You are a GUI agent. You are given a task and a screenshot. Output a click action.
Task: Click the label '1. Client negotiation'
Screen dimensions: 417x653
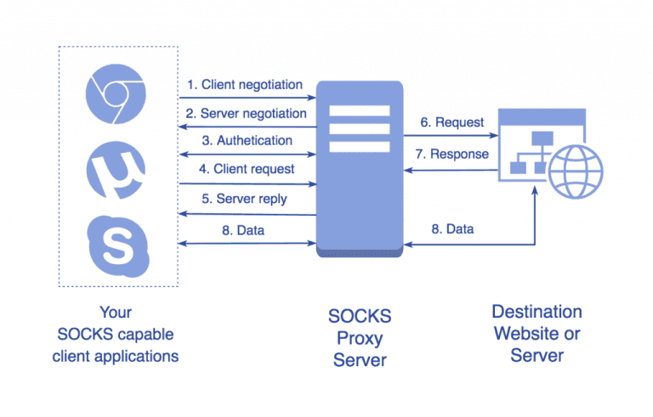(x=245, y=85)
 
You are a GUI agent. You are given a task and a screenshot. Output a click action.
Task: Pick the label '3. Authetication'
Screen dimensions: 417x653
(x=247, y=140)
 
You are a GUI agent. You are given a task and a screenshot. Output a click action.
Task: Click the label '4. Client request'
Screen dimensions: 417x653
(x=247, y=169)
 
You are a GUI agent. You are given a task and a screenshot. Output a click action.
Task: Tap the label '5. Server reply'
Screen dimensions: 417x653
(x=244, y=199)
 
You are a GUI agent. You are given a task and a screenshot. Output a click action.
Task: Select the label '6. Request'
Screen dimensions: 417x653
(x=452, y=122)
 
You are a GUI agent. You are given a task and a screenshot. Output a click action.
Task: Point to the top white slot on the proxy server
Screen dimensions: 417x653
(x=358, y=110)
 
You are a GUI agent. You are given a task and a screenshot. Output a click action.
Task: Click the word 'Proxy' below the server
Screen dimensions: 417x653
(x=360, y=338)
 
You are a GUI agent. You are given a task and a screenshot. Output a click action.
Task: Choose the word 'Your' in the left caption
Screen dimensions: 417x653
(x=116, y=312)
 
